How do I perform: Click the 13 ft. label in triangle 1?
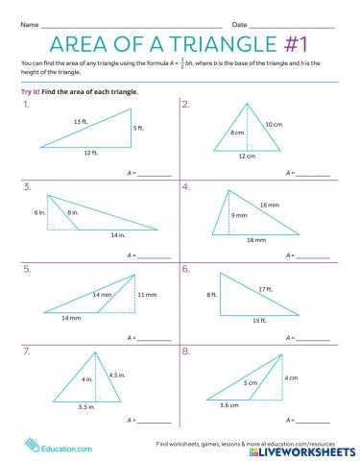pyautogui.click(x=80, y=121)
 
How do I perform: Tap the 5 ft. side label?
pyautogui.click(x=140, y=128)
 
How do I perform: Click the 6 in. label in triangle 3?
pyautogui.click(x=40, y=211)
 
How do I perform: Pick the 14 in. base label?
pyautogui.click(x=117, y=235)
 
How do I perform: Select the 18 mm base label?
pyautogui.click(x=255, y=239)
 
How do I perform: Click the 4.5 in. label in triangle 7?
pyautogui.click(x=117, y=375)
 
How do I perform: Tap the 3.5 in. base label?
pyautogui.click(x=86, y=408)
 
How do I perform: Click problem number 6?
pyautogui.click(x=185, y=269)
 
